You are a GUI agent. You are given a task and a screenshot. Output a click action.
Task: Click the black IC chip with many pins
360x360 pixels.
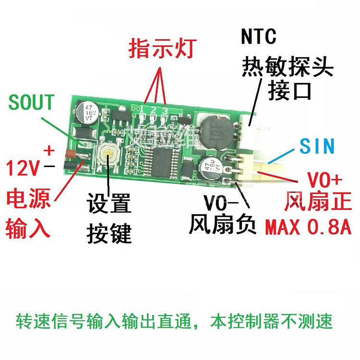(163, 160)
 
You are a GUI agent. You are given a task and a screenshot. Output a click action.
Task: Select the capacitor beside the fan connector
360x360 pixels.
(211, 168)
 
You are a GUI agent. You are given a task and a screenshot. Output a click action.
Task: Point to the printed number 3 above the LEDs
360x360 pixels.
(166, 111)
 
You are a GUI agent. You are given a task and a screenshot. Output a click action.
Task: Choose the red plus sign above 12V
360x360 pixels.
(49, 150)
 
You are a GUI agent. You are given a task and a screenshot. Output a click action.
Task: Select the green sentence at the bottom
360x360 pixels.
(174, 320)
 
